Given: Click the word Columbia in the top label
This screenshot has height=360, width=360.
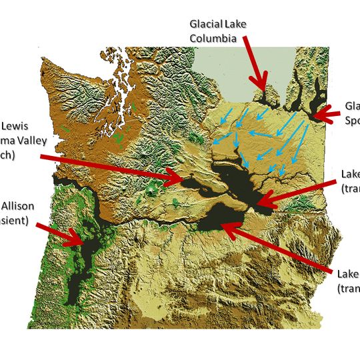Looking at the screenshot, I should [x=213, y=39].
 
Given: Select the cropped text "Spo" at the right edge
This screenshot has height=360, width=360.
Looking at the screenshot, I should [x=352, y=121].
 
